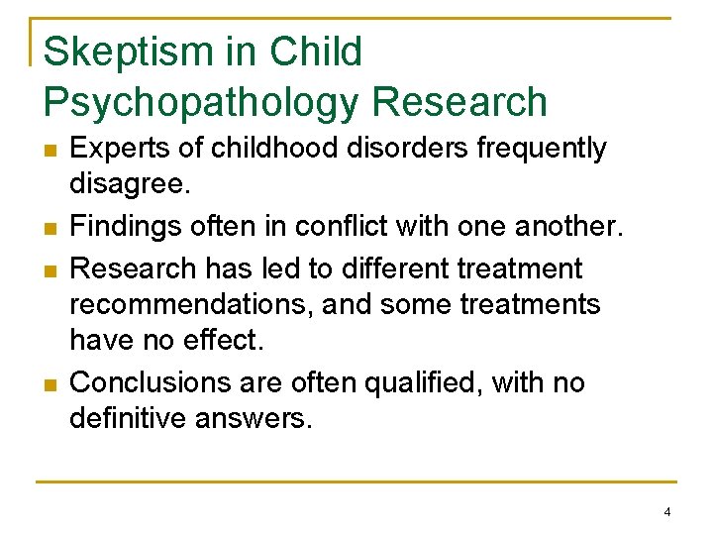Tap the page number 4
(x=667, y=511)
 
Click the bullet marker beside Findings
(x=50, y=229)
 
